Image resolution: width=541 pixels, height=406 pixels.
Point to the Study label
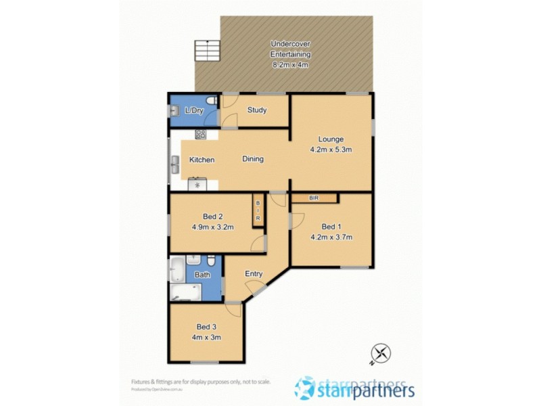[x=256, y=110]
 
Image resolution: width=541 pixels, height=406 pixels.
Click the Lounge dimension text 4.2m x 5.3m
[x=331, y=150]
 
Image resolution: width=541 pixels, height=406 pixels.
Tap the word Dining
[x=253, y=159]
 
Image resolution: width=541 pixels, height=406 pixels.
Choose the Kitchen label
[x=202, y=160]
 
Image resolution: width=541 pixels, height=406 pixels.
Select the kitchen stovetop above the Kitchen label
[x=200, y=134]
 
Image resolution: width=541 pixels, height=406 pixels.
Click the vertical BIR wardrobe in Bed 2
[x=258, y=209]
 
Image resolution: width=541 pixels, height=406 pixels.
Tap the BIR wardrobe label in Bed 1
[x=314, y=198]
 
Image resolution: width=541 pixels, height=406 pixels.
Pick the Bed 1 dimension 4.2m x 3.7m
[x=331, y=237]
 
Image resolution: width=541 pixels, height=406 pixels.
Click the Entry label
[x=254, y=273]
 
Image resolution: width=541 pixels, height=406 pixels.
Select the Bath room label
[x=202, y=275]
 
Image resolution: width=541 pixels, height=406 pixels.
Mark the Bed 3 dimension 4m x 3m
[x=208, y=336]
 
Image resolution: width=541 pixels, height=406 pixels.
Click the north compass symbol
[x=381, y=353]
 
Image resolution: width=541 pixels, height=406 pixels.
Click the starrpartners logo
[x=354, y=389]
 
